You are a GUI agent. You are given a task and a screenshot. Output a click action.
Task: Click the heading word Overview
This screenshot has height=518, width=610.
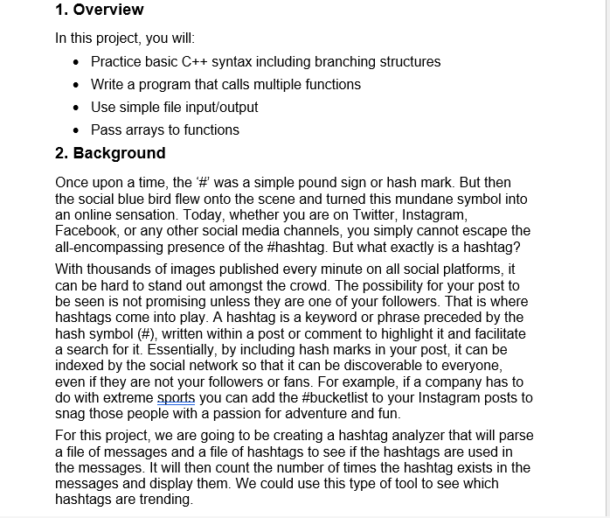(x=108, y=10)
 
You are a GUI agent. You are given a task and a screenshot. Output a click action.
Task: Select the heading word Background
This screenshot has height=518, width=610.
(x=119, y=153)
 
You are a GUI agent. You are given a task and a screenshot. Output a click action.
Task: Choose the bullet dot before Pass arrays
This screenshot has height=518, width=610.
(x=79, y=130)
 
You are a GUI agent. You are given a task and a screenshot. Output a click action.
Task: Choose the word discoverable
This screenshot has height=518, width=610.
(x=411, y=366)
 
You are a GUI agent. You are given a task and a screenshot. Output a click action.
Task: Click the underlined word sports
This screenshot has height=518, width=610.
(x=176, y=398)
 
